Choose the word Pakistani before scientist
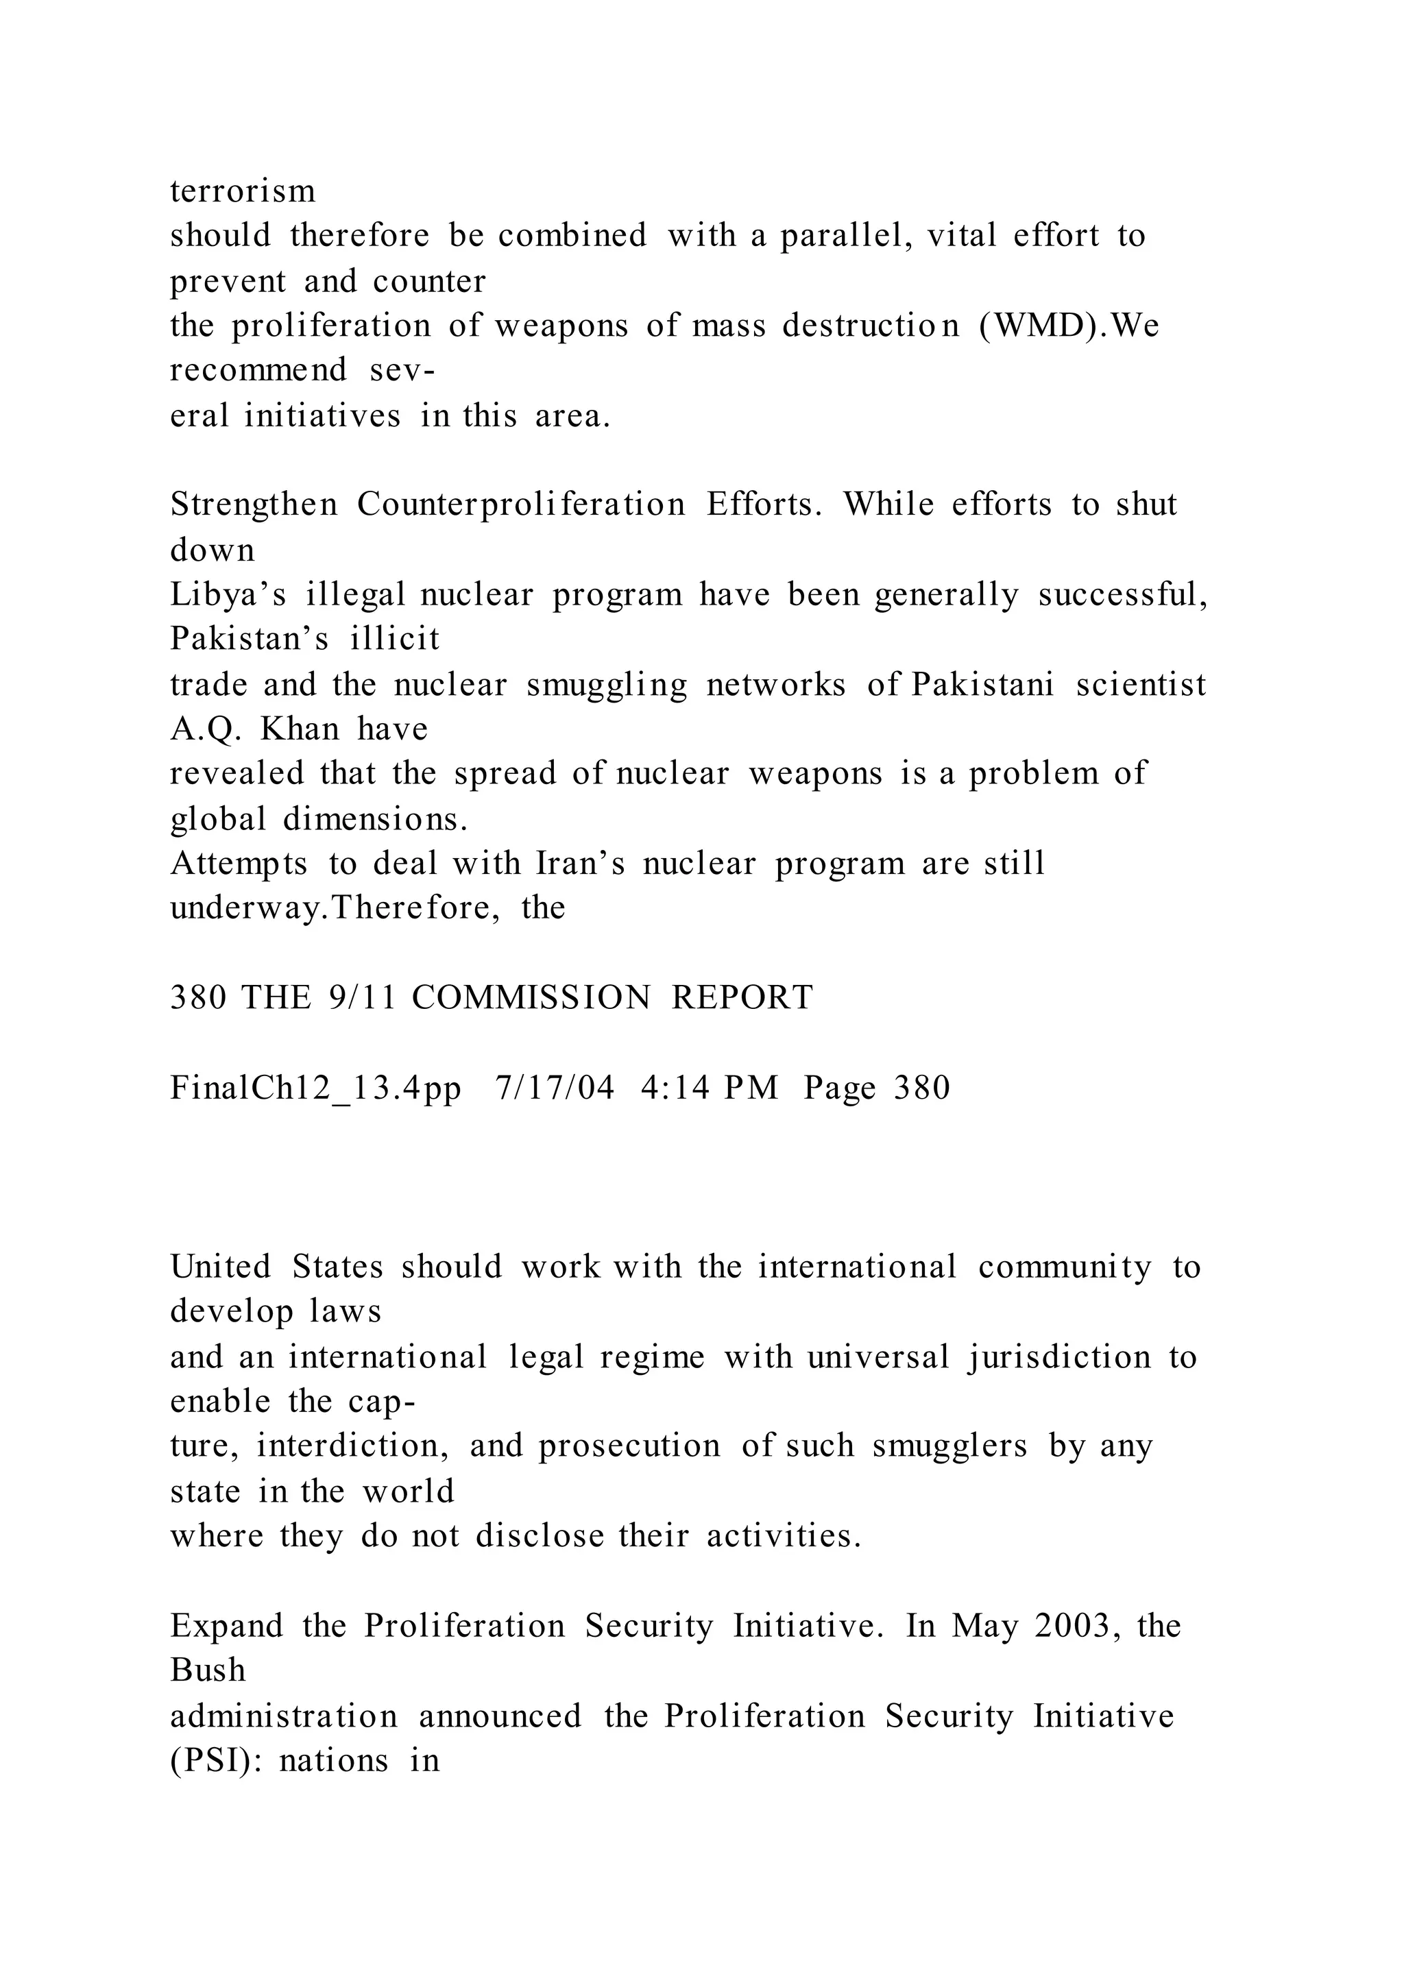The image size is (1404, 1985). (x=983, y=685)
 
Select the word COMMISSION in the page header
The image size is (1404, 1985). (x=531, y=998)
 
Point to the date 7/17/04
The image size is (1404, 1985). (x=555, y=1088)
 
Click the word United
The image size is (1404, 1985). (x=221, y=1267)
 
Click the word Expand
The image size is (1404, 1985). (x=226, y=1627)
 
